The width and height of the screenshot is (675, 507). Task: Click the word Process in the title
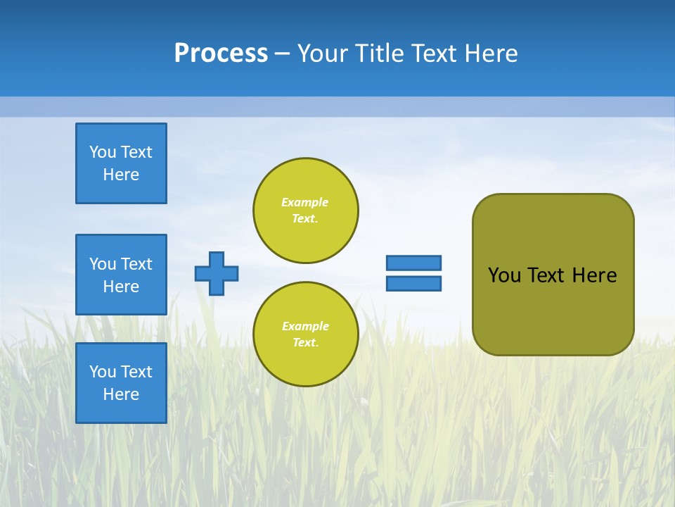click(221, 54)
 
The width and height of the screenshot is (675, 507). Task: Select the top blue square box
click(121, 163)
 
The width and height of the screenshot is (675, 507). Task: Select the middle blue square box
click(121, 275)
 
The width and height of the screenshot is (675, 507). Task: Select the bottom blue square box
click(121, 383)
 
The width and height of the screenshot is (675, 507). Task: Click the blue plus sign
click(217, 273)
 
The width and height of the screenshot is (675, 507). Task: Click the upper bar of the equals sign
click(413, 263)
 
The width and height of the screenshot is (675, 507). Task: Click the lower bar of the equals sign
click(413, 284)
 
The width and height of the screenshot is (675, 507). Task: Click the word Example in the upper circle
click(305, 202)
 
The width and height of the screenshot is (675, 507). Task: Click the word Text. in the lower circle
click(305, 342)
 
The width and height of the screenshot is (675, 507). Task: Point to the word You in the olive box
click(503, 275)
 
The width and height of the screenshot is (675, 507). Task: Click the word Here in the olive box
click(594, 275)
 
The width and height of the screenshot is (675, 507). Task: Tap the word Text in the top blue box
click(136, 152)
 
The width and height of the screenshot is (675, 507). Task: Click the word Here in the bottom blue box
click(121, 394)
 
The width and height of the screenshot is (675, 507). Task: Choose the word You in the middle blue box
click(103, 264)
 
